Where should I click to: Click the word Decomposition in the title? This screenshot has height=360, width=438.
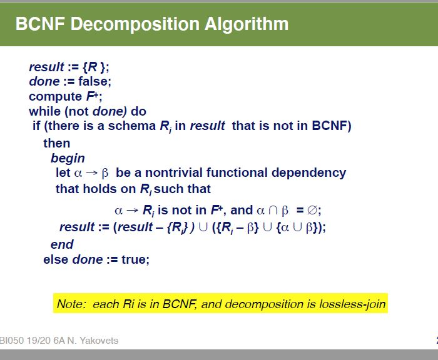point(135,24)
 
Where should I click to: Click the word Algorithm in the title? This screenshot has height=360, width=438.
point(247,24)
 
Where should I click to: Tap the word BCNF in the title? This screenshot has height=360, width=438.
point(40,24)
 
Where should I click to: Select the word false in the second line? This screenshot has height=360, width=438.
point(94,81)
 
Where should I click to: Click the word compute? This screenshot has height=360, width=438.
point(55,97)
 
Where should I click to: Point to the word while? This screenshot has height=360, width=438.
point(44,111)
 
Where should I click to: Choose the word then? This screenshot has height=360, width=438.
point(57,144)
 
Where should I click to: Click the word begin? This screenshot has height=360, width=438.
point(68,159)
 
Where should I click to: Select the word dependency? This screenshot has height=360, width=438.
point(308,173)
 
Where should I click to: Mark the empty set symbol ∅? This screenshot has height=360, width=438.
point(312,210)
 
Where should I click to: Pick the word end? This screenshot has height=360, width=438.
point(62,245)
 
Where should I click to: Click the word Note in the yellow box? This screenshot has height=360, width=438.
point(70,304)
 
